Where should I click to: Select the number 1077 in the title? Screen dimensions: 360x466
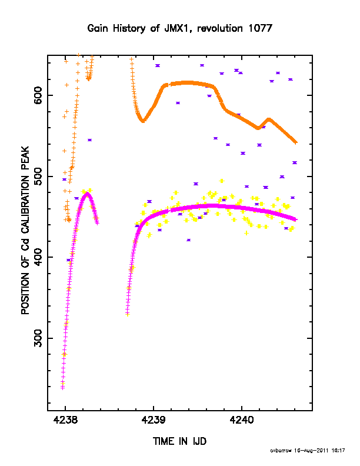point(260,28)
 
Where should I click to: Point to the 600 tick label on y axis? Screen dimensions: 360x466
point(38,95)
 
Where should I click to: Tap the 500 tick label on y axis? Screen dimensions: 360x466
point(38,177)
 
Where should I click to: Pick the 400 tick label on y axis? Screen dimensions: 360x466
point(38,257)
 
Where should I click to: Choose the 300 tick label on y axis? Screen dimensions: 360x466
point(38,338)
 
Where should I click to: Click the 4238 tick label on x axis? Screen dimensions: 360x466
point(65,420)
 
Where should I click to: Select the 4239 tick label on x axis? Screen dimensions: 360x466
point(154,420)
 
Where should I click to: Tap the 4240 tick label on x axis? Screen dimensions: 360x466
point(242,420)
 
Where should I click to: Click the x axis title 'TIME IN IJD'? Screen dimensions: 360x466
point(179,441)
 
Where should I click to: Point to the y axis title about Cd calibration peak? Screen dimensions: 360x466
point(25,231)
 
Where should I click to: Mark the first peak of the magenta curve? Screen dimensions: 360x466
point(87,193)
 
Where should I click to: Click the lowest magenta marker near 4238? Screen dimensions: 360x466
point(63,387)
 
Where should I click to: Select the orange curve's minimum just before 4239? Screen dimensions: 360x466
point(143,121)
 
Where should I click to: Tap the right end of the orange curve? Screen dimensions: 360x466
point(295,142)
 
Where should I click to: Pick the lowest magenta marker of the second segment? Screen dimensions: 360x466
point(128,313)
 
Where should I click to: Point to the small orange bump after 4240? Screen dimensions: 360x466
point(269,119)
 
